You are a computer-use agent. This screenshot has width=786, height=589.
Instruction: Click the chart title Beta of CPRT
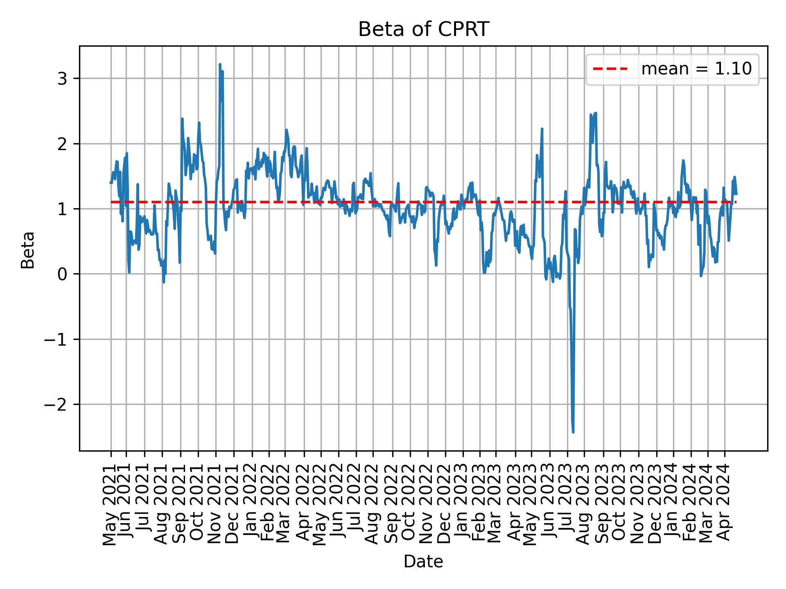pyautogui.click(x=423, y=29)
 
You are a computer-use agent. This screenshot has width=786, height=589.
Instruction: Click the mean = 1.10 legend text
pyautogui.click(x=696, y=69)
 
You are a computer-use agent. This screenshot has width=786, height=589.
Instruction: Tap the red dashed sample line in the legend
pyautogui.click(x=610, y=69)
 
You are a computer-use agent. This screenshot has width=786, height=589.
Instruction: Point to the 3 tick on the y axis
pyautogui.click(x=62, y=79)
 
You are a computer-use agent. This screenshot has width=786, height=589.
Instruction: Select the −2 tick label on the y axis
pyautogui.click(x=55, y=405)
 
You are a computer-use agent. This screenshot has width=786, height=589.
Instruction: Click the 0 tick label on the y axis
pyautogui.click(x=62, y=274)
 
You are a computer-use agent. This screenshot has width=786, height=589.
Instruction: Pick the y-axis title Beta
pyautogui.click(x=28, y=250)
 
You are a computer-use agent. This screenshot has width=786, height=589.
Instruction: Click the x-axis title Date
pyautogui.click(x=423, y=562)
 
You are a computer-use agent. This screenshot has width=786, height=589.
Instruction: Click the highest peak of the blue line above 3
pyautogui.click(x=220, y=65)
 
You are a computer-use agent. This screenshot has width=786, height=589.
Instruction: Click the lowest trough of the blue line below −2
pyautogui.click(x=573, y=432)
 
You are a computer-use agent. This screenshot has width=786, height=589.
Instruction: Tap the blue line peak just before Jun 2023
pyautogui.click(x=542, y=129)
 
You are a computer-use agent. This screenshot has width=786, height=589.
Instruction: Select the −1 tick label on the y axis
pyautogui.click(x=55, y=339)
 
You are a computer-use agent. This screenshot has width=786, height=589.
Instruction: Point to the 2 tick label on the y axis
pyautogui.click(x=62, y=144)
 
